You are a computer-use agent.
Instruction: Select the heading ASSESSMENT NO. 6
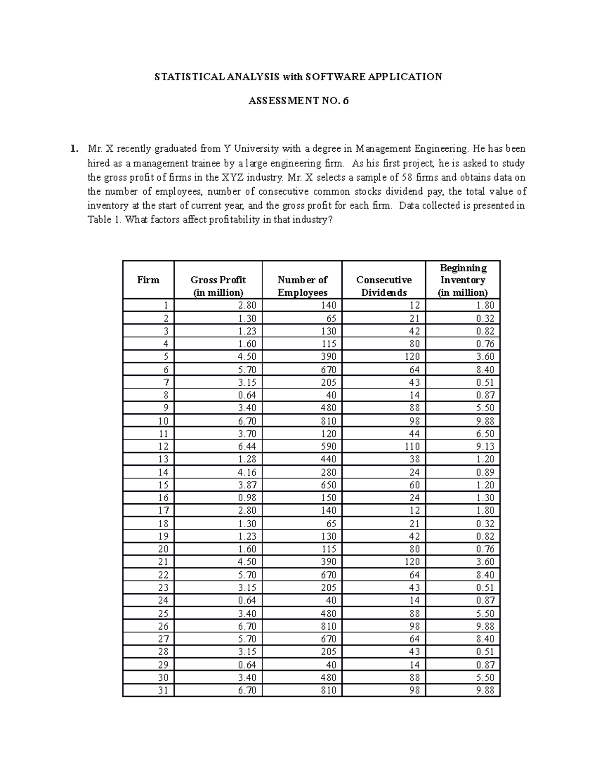point(298,101)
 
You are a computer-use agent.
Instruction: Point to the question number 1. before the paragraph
point(74,148)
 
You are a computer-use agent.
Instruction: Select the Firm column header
point(148,280)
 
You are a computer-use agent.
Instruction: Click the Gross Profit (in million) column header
point(218,286)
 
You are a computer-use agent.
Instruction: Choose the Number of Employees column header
point(302,286)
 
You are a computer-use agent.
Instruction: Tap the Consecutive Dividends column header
point(384,286)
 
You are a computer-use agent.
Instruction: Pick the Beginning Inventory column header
point(463,280)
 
